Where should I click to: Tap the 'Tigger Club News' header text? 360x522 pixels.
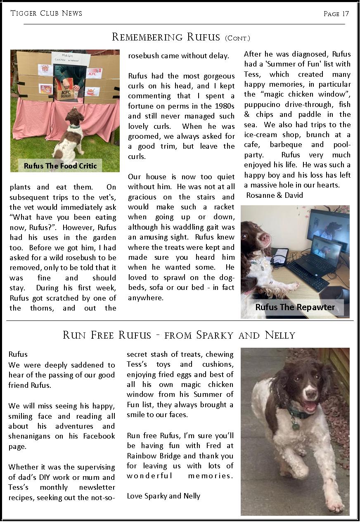pos(46,13)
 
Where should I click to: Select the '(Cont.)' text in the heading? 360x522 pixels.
pos(237,38)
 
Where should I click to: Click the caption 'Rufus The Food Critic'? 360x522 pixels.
pos(60,166)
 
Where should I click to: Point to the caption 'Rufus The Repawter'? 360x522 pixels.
pos(295,307)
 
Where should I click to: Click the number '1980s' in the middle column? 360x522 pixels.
pos(223,106)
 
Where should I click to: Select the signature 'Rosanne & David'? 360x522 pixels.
pos(275,195)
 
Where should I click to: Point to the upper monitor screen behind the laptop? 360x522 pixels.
pos(328,225)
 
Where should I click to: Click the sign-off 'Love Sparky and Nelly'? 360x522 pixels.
pos(163,496)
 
